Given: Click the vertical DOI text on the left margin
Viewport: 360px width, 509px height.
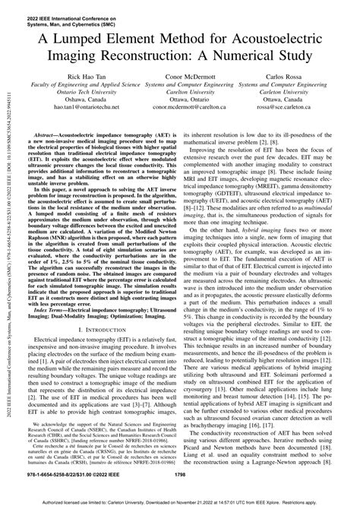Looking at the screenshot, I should [x=10, y=251].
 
